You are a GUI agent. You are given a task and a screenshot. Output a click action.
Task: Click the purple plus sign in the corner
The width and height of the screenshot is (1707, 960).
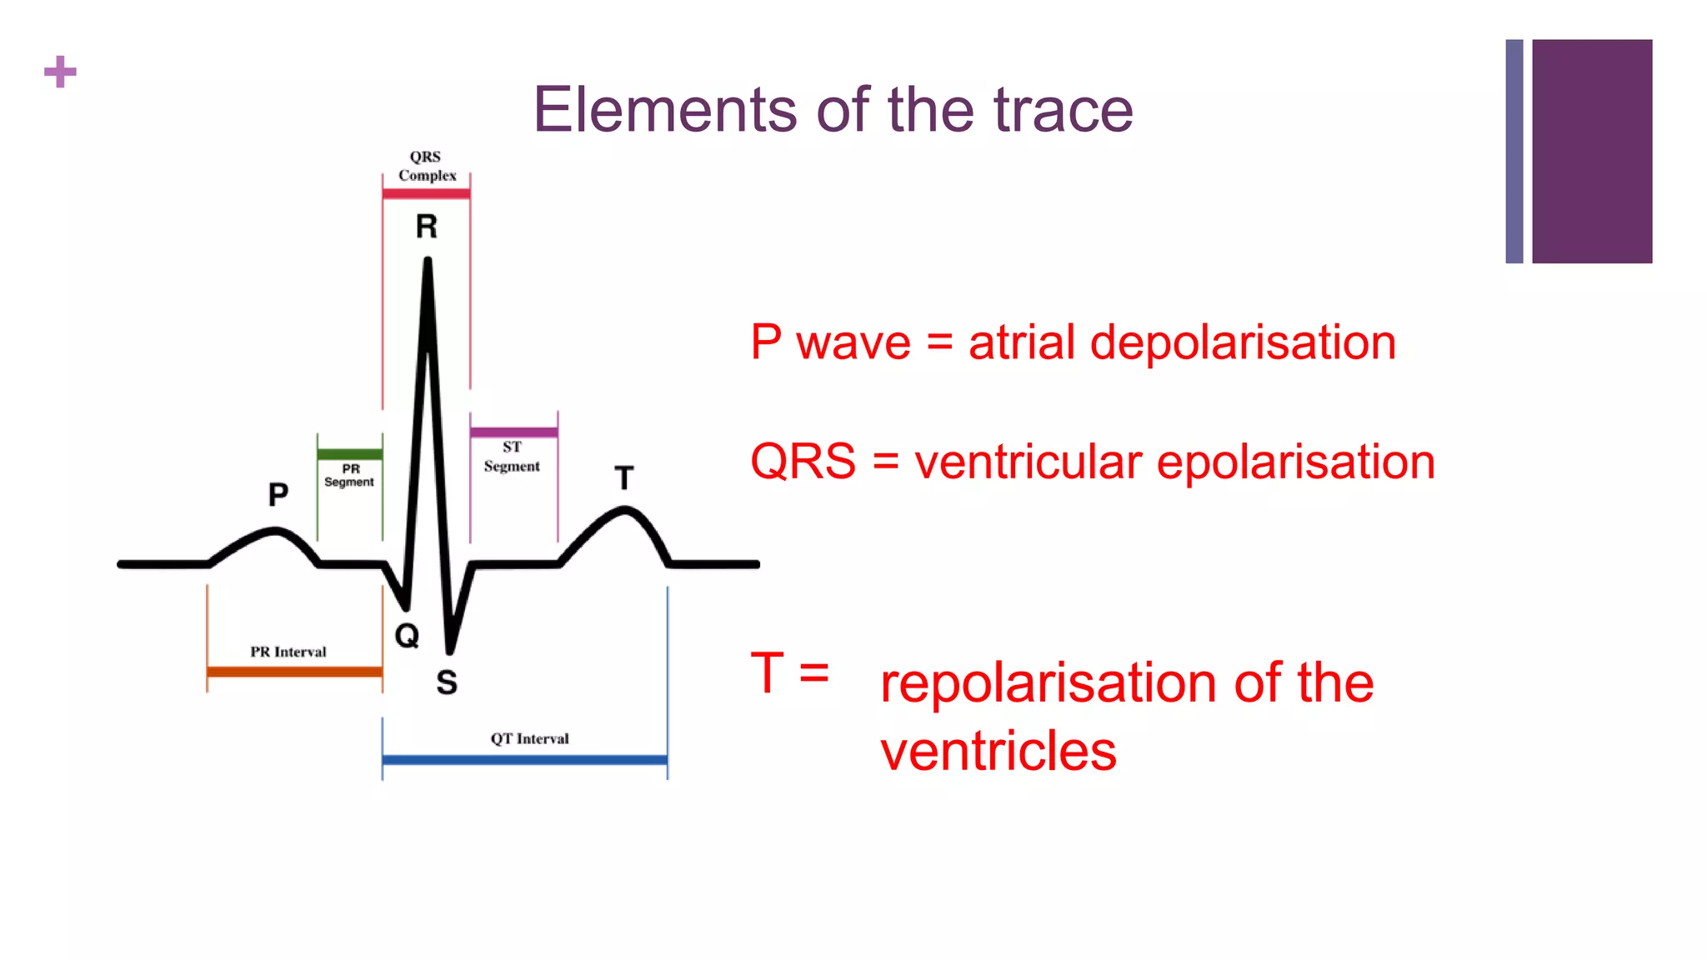click(x=60, y=72)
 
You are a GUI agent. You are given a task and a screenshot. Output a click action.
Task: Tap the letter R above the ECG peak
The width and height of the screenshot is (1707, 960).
click(x=427, y=227)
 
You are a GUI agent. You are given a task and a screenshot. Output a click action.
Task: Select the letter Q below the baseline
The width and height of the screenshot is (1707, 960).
click(x=407, y=636)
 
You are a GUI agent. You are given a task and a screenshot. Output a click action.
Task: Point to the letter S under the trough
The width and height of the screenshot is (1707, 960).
click(x=447, y=682)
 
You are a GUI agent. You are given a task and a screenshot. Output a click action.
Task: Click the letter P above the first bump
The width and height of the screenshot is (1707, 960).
click(x=278, y=495)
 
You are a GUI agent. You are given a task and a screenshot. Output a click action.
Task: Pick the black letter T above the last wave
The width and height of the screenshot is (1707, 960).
click(x=624, y=478)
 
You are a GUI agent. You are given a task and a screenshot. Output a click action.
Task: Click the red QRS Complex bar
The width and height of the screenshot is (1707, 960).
click(x=426, y=194)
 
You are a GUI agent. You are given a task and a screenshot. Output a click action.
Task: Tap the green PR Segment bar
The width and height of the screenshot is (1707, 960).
click(x=349, y=455)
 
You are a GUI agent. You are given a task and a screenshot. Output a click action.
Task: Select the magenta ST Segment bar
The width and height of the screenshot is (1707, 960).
click(x=513, y=432)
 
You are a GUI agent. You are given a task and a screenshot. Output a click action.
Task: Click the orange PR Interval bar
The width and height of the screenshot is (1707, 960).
click(x=294, y=672)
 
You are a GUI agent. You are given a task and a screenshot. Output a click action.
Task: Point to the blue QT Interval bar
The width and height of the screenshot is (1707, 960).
click(x=524, y=760)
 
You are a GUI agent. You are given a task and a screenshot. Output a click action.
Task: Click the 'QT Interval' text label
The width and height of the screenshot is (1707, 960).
click(x=529, y=739)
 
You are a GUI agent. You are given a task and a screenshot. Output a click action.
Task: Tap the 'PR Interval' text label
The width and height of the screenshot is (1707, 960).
click(x=288, y=652)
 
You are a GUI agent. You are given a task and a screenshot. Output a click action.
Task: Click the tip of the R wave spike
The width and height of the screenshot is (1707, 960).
click(x=428, y=262)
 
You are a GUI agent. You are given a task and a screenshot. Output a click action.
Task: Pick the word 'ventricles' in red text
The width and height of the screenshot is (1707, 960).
click(x=998, y=751)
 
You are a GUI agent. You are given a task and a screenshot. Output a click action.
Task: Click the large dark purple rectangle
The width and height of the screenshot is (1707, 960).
click(x=1592, y=151)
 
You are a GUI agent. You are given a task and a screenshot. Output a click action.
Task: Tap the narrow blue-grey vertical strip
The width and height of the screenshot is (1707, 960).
click(x=1514, y=151)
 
